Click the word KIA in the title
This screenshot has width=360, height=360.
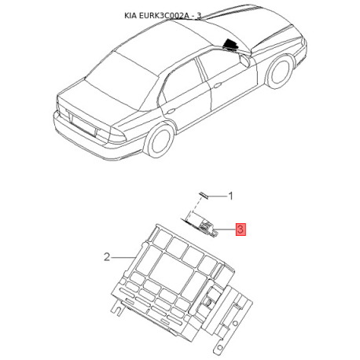(x=130, y=16)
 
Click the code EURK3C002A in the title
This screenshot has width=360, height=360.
(x=163, y=16)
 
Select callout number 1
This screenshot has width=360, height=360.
(x=230, y=196)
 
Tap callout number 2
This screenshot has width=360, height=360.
(x=107, y=257)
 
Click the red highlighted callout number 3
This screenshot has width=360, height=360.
(x=241, y=230)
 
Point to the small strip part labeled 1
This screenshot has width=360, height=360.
(x=204, y=195)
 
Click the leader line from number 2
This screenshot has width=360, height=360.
(x=123, y=258)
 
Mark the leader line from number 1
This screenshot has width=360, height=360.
(x=218, y=196)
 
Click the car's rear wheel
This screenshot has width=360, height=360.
(x=160, y=141)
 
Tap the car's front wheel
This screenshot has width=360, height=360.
(x=280, y=72)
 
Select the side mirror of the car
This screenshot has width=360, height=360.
(x=244, y=60)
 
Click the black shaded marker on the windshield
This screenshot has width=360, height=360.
(x=230, y=44)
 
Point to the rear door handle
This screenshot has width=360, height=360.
(x=171, y=111)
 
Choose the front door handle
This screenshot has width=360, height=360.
(x=217, y=85)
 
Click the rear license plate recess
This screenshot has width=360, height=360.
(x=83, y=125)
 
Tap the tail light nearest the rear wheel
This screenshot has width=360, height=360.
(x=116, y=136)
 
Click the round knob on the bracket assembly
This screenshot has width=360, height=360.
(x=209, y=303)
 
